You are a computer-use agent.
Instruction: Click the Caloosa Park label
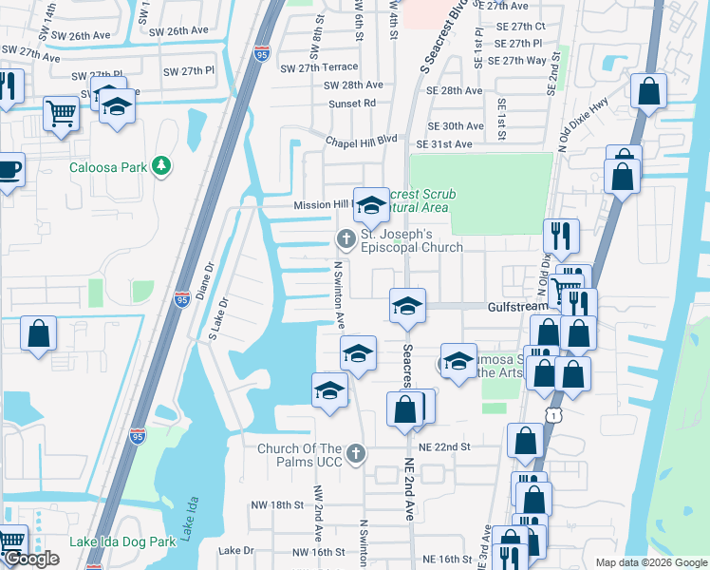pyautogui.click(x=108, y=168)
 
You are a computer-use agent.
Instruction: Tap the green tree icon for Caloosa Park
pyautogui.click(x=161, y=167)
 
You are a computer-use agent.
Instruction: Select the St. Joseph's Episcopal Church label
pyautogui.click(x=411, y=240)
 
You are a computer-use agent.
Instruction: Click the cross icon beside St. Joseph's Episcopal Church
pyautogui.click(x=346, y=237)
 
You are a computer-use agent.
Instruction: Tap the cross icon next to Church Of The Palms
pyautogui.click(x=356, y=453)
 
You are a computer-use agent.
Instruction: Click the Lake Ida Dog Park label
pyautogui.click(x=122, y=542)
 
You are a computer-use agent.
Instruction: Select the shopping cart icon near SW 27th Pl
pyautogui.click(x=61, y=113)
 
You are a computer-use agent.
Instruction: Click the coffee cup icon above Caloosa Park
pyautogui.click(x=9, y=170)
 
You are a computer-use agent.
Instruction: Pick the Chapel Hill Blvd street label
pyautogui.click(x=361, y=139)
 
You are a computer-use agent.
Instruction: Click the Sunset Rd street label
pyautogui.click(x=352, y=103)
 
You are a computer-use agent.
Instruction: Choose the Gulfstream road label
pyautogui.click(x=517, y=307)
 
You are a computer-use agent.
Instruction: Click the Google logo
pyautogui.click(x=31, y=560)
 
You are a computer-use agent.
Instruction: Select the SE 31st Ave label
pyautogui.click(x=449, y=143)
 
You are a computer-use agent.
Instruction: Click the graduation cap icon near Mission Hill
pyautogui.click(x=370, y=204)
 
